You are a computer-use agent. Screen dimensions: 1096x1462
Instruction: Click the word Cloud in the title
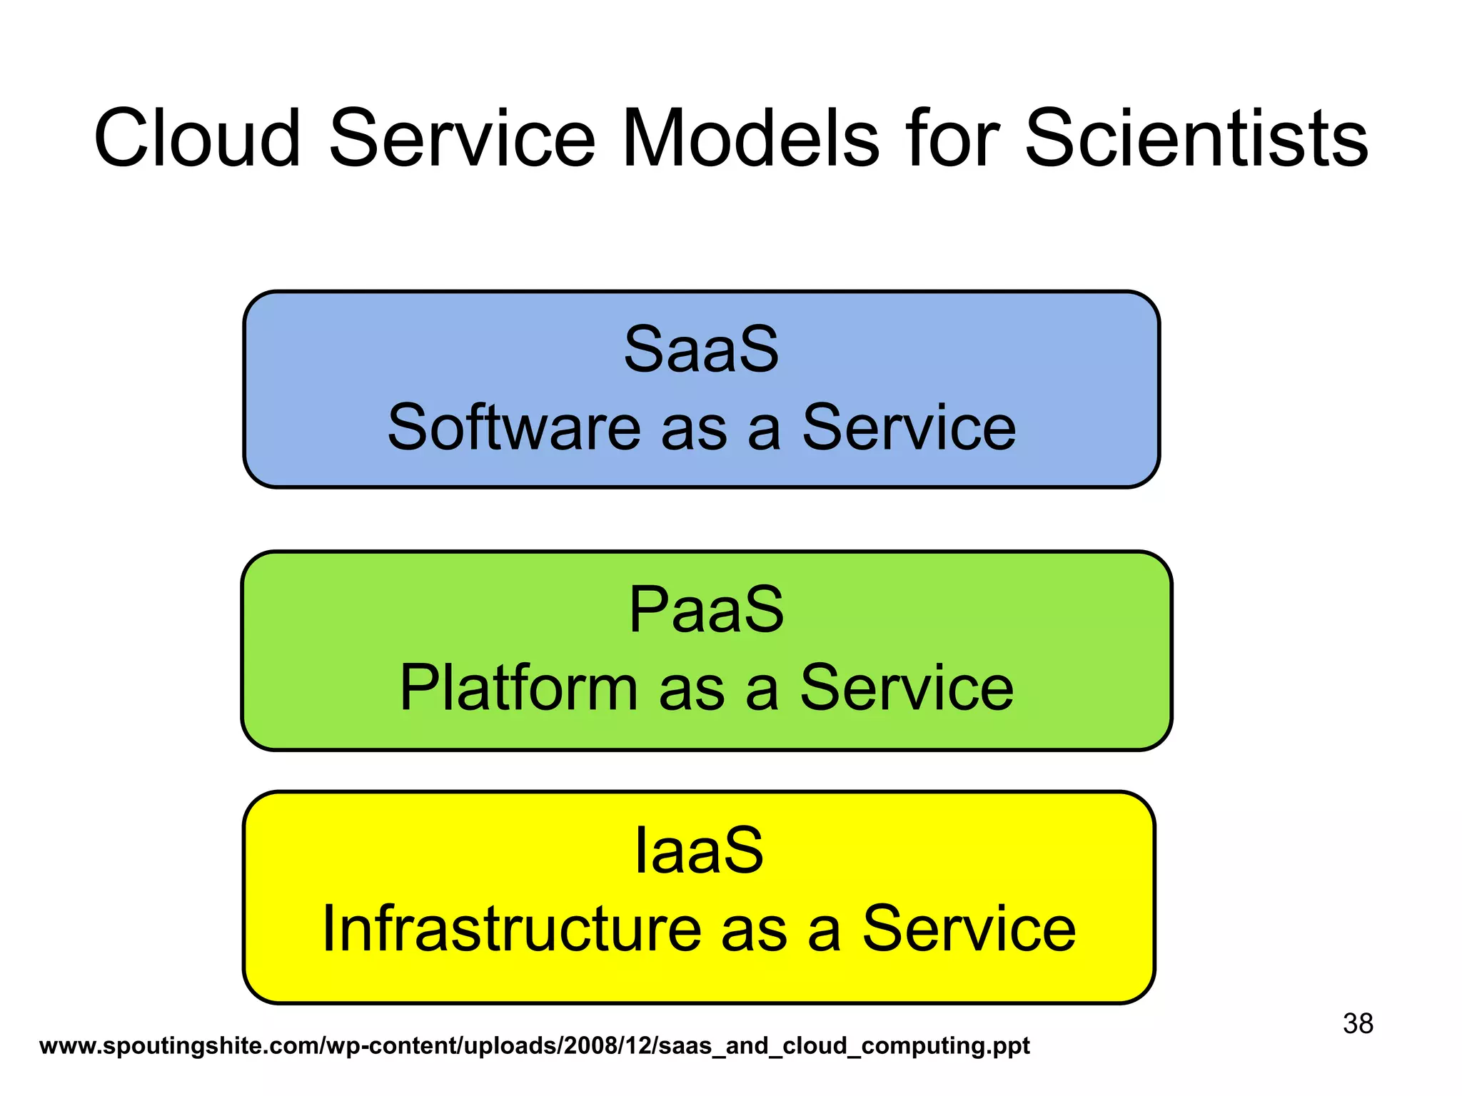[x=197, y=138]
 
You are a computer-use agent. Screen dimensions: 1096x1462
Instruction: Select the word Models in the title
[x=750, y=138]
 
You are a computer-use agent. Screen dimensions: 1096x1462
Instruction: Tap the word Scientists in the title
[x=1196, y=138]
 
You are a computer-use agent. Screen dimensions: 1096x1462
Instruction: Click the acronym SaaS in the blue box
[x=701, y=350]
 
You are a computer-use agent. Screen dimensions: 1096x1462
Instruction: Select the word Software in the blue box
[x=513, y=427]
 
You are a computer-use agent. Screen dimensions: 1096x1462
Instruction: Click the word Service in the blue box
[x=908, y=427]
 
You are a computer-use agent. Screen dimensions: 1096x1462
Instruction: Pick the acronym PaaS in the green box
[x=705, y=610]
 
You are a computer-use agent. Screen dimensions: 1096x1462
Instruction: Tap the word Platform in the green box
[x=518, y=688]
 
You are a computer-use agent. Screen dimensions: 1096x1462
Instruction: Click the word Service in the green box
[x=906, y=688]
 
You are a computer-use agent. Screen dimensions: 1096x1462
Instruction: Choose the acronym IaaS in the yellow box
[x=699, y=851]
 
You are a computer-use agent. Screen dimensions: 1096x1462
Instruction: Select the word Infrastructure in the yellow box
[x=511, y=929]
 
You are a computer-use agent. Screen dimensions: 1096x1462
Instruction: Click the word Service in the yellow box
[x=968, y=929]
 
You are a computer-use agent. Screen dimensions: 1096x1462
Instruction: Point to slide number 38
[x=1357, y=1024]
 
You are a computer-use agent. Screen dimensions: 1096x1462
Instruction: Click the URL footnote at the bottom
[x=534, y=1046]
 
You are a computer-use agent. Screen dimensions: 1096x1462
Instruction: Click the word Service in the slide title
[x=461, y=138]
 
